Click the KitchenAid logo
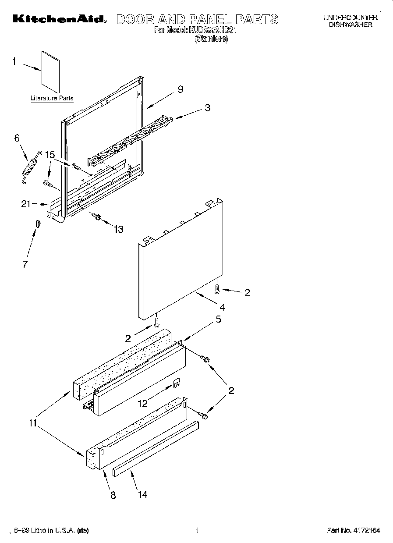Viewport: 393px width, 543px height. coord(59,19)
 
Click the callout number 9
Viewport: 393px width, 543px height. coord(180,89)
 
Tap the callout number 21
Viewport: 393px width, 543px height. coord(26,203)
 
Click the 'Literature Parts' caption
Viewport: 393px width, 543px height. coord(52,98)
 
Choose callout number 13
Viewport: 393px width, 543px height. coord(118,229)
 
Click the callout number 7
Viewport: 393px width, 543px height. coord(25,264)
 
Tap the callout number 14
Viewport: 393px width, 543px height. coord(143,494)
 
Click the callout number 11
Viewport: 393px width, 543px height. coord(33,423)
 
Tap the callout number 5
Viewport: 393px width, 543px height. coord(218,319)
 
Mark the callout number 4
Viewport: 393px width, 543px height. coord(223,306)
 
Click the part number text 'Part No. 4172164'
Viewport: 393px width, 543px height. coord(353,530)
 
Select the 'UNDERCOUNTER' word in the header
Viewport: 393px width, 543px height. coord(351,18)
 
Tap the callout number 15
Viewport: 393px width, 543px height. coord(50,154)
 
